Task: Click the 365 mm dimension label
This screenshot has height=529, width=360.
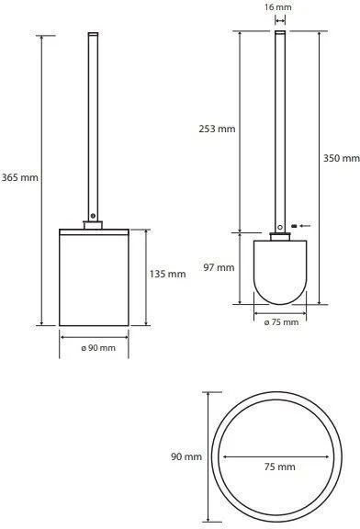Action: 20,177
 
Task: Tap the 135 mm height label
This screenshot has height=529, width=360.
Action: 167,274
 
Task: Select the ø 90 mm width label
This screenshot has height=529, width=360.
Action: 98,348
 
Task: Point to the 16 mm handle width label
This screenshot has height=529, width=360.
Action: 278,7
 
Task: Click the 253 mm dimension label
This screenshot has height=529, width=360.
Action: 217,129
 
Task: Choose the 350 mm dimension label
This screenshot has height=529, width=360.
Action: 341,158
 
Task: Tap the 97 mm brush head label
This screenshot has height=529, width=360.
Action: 219,267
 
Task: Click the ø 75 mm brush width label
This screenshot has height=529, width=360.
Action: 281,322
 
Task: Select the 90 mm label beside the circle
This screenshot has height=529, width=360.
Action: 186,456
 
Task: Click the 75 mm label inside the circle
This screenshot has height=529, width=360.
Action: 280,467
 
